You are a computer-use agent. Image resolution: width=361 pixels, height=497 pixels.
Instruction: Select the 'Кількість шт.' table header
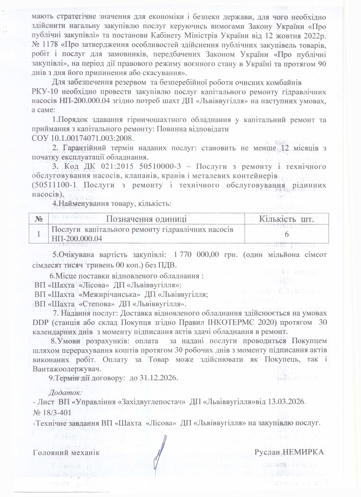click(286, 219)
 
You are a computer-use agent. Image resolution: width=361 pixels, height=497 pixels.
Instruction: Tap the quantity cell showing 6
click(286, 234)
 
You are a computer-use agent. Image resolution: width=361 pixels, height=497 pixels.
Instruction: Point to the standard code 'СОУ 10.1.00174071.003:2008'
click(83, 138)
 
